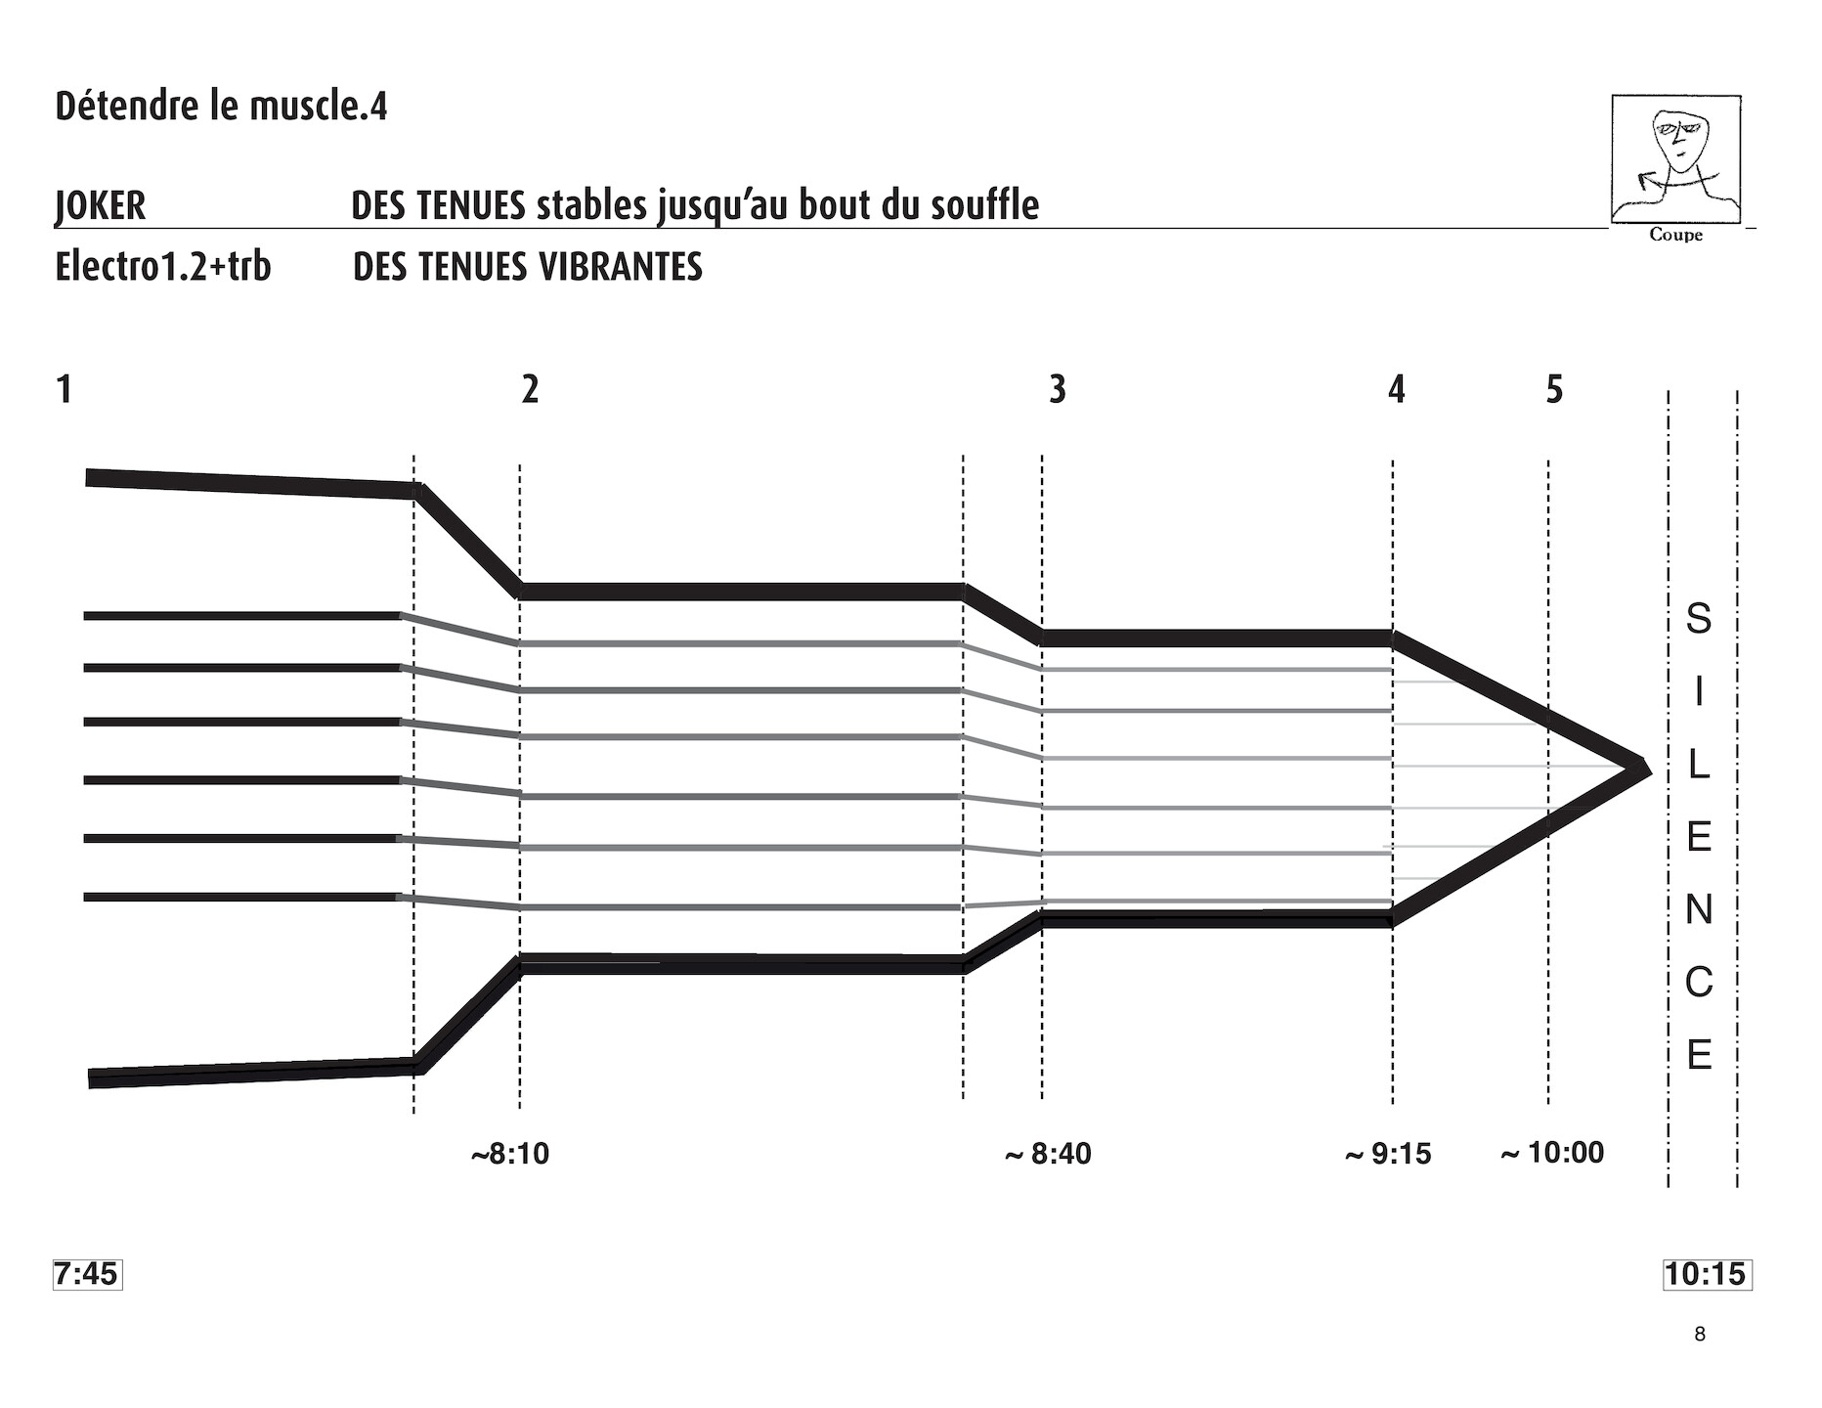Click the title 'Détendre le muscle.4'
(221, 106)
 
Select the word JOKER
(101, 205)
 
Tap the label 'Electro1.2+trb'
(163, 266)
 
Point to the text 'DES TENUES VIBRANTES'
(528, 266)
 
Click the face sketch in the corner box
(1675, 159)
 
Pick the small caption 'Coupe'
(1675, 235)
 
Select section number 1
(65, 389)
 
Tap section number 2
(530, 389)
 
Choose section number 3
(1057, 389)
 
